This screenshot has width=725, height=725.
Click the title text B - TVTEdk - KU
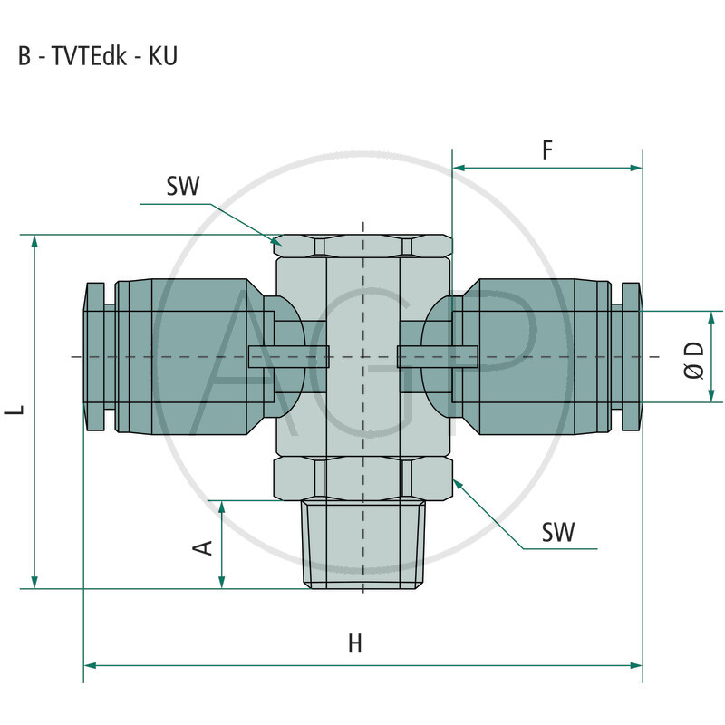tap(98, 55)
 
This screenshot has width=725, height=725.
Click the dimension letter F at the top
tap(547, 150)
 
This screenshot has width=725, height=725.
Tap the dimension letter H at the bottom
tap(355, 643)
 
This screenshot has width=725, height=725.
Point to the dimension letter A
tap(205, 546)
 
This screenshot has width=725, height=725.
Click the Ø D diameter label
tap(695, 360)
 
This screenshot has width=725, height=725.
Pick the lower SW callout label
tap(558, 532)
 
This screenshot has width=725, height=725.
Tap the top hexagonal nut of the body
tap(362, 245)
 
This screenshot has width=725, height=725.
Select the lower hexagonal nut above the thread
tap(362, 478)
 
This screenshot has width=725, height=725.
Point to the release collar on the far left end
tap(93, 356)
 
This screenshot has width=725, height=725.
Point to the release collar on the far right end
tap(632, 356)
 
